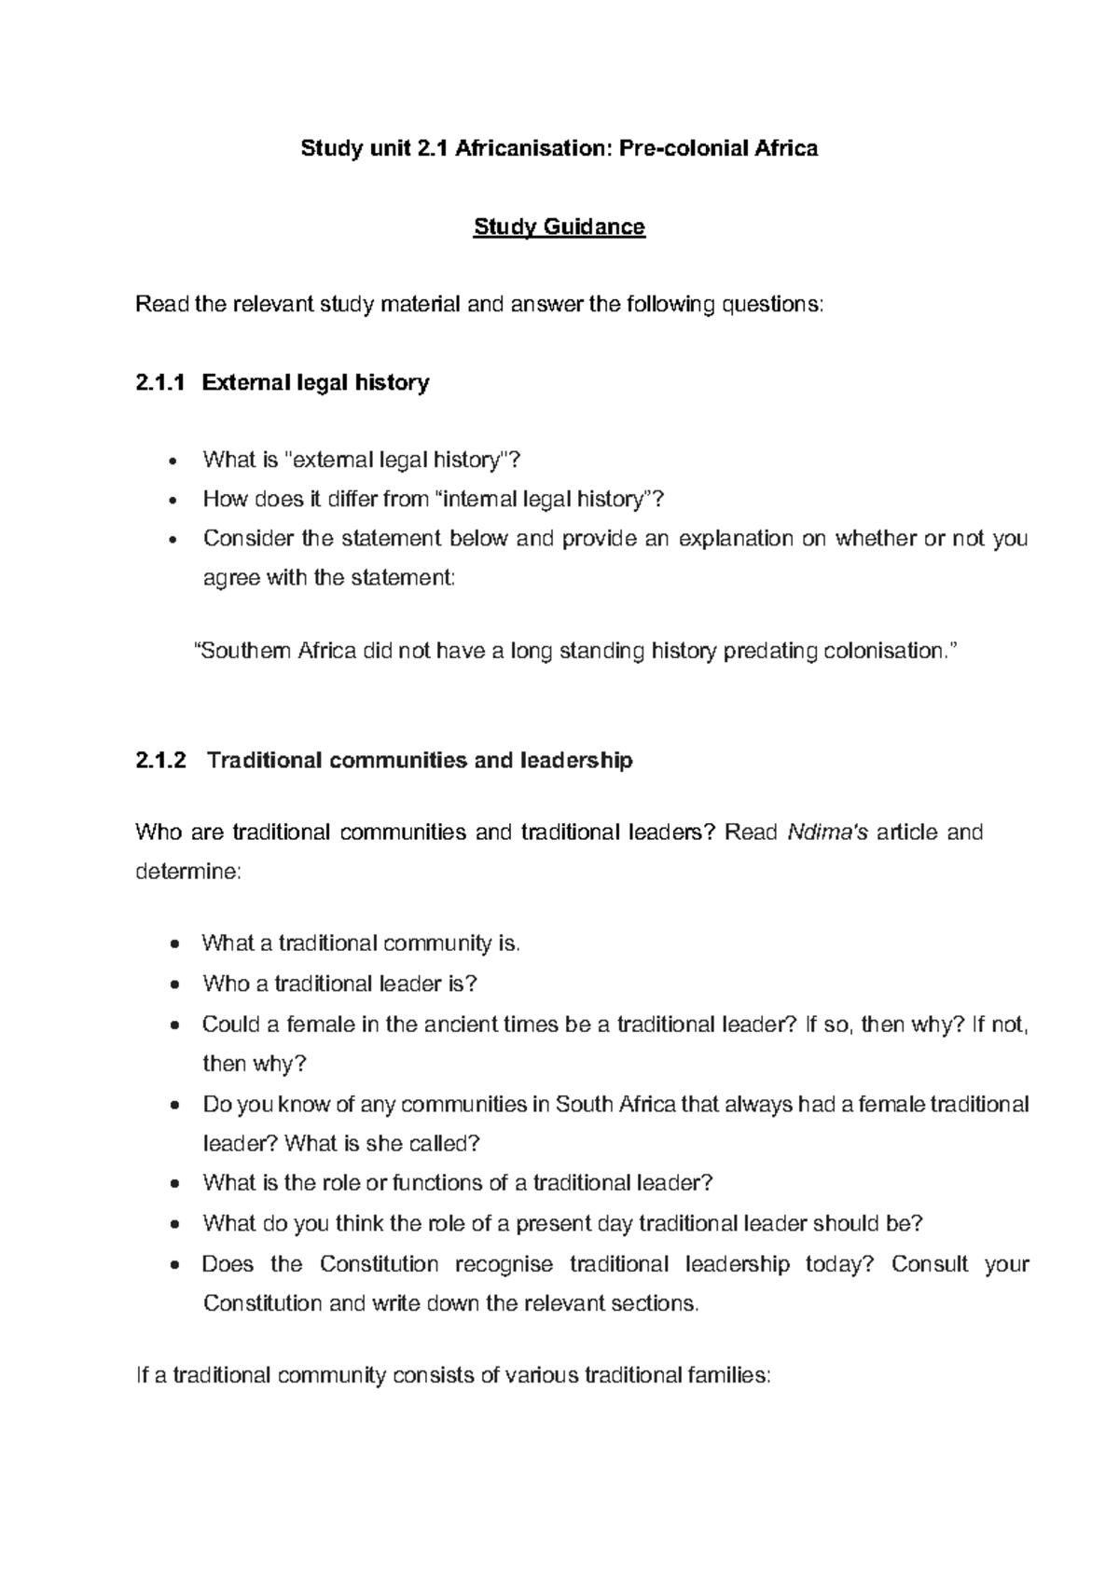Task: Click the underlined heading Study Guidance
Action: pos(559,227)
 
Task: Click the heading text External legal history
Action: pos(315,382)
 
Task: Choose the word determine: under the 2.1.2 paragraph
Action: pos(187,872)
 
